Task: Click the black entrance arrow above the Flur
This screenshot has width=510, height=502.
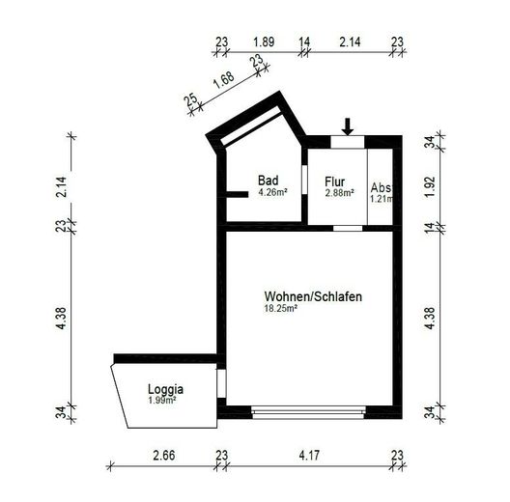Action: (349, 125)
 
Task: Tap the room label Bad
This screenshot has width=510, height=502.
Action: (268, 181)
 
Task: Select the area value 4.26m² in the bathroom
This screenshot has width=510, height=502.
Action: (272, 192)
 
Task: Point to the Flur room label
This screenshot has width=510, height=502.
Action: (335, 181)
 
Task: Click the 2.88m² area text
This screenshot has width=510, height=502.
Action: (339, 193)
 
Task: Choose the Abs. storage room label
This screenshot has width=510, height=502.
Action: (381, 187)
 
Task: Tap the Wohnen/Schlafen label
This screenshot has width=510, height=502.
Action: (312, 296)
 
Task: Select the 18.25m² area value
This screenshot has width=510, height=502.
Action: (280, 309)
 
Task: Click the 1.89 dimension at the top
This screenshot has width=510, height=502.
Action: (263, 42)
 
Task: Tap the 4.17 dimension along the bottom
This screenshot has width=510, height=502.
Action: (309, 454)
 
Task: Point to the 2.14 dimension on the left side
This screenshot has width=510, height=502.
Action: (62, 186)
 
